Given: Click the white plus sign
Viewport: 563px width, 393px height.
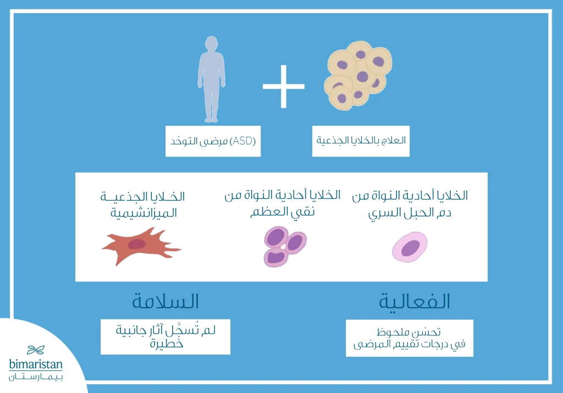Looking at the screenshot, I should (283, 86).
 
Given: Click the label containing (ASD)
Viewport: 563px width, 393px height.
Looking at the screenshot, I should (213, 141).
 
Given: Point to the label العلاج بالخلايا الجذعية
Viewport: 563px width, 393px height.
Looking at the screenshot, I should (361, 141).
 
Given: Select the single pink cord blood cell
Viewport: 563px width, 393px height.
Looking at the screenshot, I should (410, 247).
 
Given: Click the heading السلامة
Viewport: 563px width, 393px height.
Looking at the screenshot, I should (165, 302).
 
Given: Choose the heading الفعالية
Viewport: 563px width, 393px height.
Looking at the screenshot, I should (415, 302).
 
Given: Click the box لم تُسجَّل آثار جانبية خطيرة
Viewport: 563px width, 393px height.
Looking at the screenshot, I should (165, 336).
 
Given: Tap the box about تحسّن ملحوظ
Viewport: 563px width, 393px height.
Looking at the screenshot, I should (409, 338).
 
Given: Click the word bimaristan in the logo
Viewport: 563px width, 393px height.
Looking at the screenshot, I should (36, 364).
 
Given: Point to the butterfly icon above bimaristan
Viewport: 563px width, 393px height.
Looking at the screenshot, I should (36, 350).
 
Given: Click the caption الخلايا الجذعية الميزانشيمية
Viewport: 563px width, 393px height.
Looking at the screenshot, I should (143, 205).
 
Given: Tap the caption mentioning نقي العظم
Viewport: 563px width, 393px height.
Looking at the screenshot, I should (282, 204).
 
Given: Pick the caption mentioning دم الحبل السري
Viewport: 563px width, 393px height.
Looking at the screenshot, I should (410, 204).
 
